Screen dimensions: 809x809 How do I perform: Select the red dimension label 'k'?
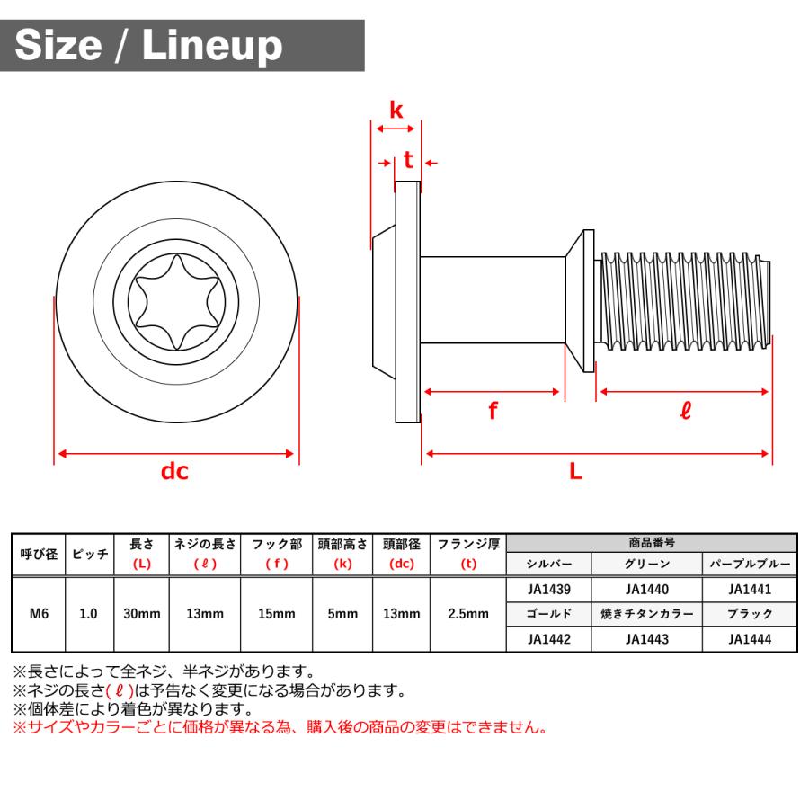tap(396, 111)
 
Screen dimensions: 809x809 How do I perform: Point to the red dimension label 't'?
tap(408, 161)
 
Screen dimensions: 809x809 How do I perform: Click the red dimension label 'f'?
tap(493, 412)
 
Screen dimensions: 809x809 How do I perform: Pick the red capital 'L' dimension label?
tap(576, 470)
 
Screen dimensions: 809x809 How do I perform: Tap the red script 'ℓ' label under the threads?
tap(685, 413)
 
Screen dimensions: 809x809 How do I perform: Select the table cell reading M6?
tap(39, 614)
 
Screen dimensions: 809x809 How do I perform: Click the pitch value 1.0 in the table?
tap(89, 614)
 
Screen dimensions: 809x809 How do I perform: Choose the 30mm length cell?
tap(141, 614)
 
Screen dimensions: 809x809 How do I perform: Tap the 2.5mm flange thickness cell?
tap(467, 614)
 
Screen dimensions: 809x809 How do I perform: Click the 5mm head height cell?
tap(342, 614)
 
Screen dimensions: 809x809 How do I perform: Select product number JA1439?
tap(549, 590)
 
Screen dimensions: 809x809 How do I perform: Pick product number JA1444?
tap(750, 639)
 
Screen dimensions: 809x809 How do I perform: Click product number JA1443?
tap(646, 639)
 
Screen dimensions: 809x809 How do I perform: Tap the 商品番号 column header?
tap(651, 543)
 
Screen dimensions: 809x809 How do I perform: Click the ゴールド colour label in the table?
tap(549, 615)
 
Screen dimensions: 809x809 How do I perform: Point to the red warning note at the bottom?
tap(279, 728)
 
